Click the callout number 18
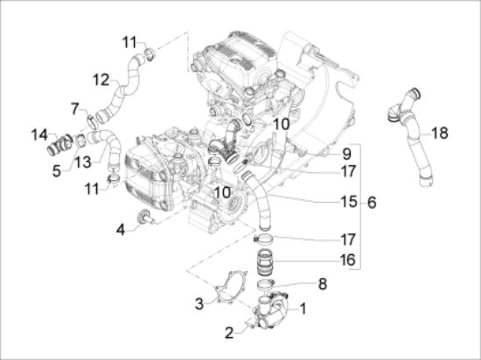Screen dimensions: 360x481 [439, 132]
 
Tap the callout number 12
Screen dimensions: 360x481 [101, 80]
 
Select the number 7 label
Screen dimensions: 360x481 [74, 107]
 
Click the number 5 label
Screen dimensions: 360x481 [56, 171]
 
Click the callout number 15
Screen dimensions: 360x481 [323, 203]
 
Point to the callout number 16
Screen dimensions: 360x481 [323, 260]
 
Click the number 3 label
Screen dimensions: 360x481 [200, 303]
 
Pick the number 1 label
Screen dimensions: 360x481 [303, 308]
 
